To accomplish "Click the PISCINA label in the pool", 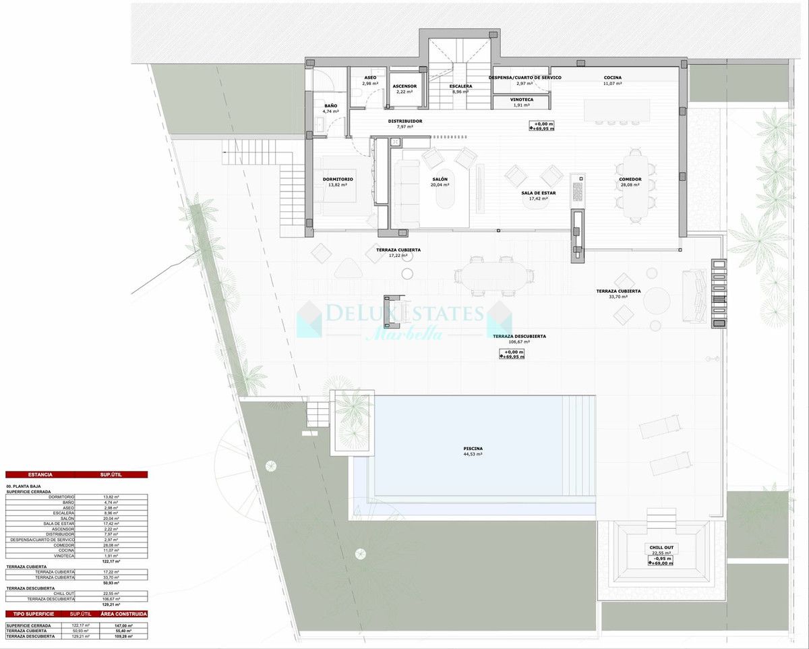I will pos(473,449).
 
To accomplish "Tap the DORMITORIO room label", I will pos(338,179).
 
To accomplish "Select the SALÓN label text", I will pos(440,179).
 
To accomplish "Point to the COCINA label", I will pos(612,78).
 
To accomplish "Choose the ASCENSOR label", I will pos(404,86).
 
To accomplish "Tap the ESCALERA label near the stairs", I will pos(460,86).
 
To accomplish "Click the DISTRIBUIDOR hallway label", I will pos(405,121).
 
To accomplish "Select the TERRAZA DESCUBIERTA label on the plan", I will pos(519,336).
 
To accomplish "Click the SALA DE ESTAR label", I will pos(538,193).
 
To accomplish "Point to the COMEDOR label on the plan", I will pos(630,179).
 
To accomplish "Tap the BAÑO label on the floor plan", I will pos(330,106).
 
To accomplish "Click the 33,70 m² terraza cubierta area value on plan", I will pos(619,298).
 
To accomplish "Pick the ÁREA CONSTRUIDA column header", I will pos(124,614).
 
